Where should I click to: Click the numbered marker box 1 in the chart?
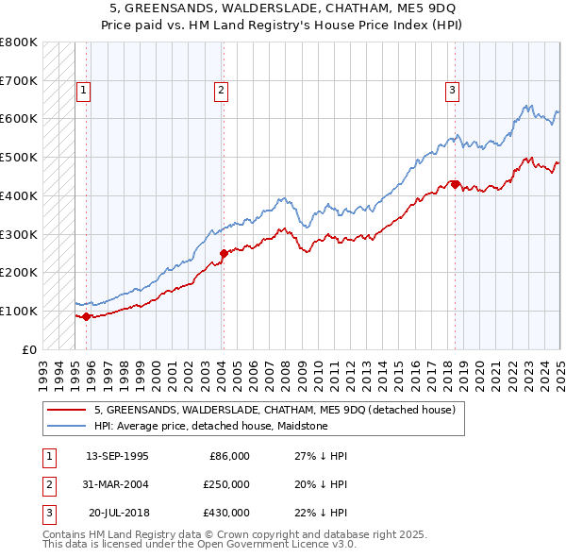(83, 91)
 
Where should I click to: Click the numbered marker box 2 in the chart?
(220, 91)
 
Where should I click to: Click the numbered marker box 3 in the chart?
(452, 91)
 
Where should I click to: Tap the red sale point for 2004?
(225, 253)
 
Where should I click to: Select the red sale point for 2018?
(455, 184)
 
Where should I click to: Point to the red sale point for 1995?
(87, 316)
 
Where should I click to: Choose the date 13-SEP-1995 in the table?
(117, 456)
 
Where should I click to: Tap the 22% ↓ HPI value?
(321, 513)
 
